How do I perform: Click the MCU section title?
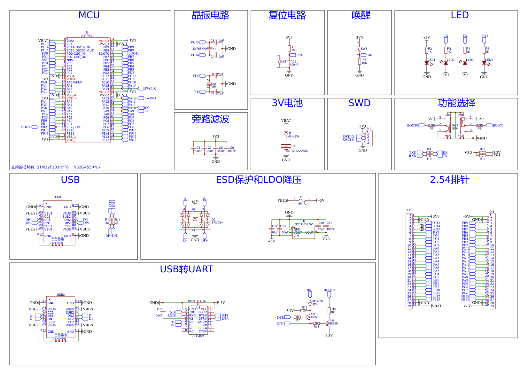click(x=89, y=15)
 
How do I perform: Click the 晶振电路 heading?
click(x=210, y=15)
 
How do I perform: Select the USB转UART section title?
click(x=186, y=269)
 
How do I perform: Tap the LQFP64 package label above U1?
click(x=86, y=36)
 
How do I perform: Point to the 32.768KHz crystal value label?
click(x=199, y=49)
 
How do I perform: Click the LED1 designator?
click(x=431, y=60)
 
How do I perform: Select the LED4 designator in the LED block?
click(x=489, y=60)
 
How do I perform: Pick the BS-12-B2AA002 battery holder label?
click(x=297, y=151)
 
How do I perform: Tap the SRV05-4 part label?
click(x=218, y=222)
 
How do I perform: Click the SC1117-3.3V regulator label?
click(x=304, y=224)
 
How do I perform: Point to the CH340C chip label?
click(x=198, y=336)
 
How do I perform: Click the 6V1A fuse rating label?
click(x=302, y=204)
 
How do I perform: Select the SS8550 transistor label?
click(x=332, y=323)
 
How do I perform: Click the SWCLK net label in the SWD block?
click(x=348, y=140)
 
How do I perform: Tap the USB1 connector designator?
click(x=58, y=197)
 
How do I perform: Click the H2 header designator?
click(x=409, y=210)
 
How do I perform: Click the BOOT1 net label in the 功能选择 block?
click(x=498, y=125)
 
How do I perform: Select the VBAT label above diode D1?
click(x=286, y=121)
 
